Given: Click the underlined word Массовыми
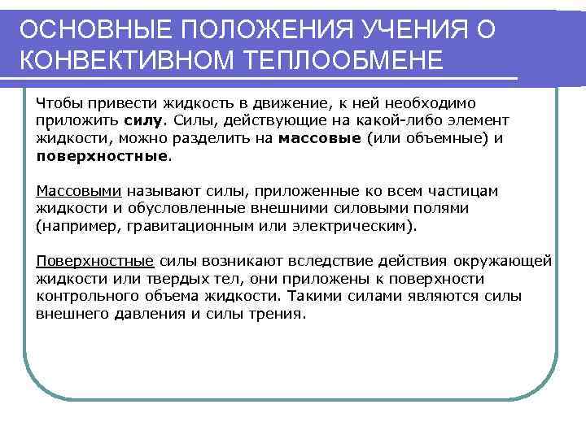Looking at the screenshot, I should point(79,190).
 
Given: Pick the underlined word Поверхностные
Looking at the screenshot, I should point(95,261).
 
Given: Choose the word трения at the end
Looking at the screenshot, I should point(279,312).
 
